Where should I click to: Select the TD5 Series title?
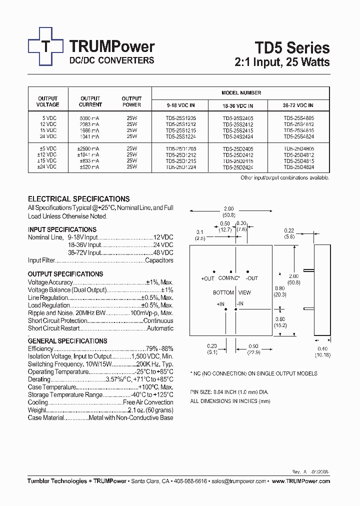(x=292, y=47)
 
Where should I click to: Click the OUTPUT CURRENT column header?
(x=90, y=101)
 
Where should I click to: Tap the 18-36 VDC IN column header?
(x=237, y=106)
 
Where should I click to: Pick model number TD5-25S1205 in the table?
(x=180, y=118)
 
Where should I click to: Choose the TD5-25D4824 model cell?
(x=298, y=167)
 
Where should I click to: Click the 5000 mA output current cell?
(x=90, y=118)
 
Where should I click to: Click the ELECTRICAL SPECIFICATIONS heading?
(x=78, y=198)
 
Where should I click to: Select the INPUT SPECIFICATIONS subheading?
(x=62, y=229)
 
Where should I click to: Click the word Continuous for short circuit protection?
(x=158, y=321)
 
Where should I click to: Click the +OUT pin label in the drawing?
(x=207, y=278)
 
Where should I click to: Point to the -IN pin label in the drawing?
(x=240, y=303)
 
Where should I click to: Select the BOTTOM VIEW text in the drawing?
(x=231, y=292)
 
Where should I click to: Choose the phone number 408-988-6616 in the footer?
(x=190, y=481)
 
